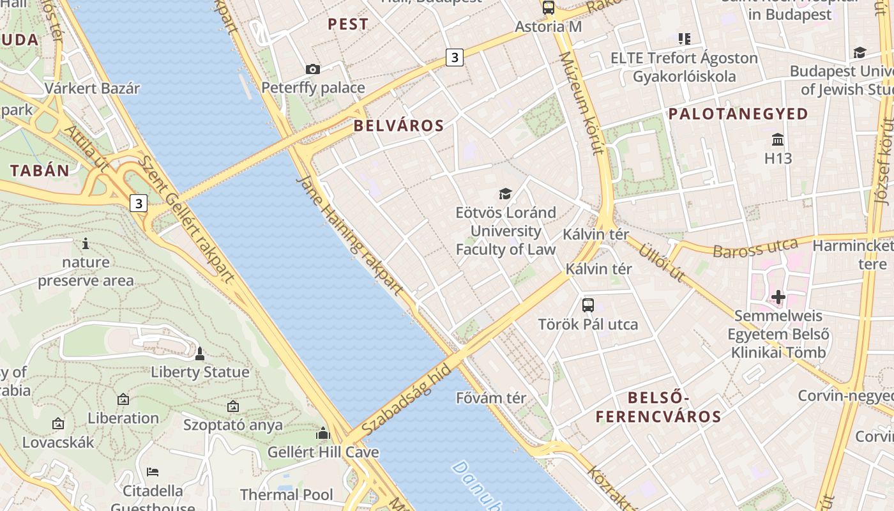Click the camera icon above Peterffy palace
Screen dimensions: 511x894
[312, 69]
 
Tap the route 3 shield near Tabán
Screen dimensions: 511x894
[138, 203]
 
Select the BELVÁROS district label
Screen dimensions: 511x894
[398, 126]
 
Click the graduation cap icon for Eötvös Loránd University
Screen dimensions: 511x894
[505, 194]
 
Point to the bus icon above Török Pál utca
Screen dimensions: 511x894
[587, 305]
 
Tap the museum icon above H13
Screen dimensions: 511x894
[778, 139]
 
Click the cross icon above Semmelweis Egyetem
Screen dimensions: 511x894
[778, 297]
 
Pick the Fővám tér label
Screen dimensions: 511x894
[491, 398]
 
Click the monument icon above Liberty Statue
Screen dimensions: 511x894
[199, 353]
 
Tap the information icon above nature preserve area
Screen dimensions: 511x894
[86, 243]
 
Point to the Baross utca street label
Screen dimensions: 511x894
[755, 248]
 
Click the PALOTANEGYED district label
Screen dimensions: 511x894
[738, 114]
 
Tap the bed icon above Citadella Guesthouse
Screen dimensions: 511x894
[153, 472]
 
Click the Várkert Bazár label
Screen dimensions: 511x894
[92, 88]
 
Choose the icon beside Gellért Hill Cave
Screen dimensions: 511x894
[322, 434]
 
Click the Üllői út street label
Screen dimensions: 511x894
[662, 262]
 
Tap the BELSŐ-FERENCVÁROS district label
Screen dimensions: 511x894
[658, 408]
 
